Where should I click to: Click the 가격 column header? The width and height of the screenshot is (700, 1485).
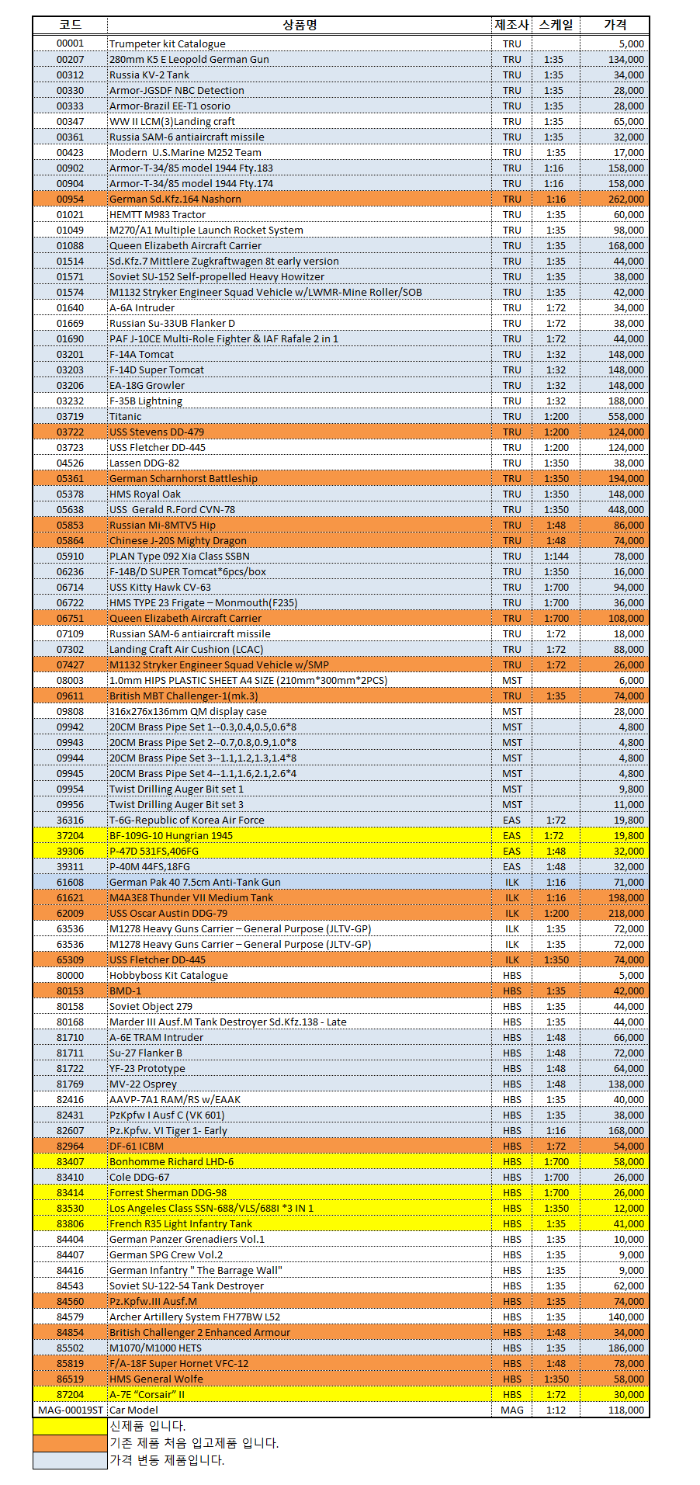click(x=615, y=25)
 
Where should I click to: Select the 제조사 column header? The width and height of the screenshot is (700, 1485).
click(x=511, y=25)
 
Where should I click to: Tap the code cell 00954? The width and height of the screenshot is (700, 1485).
click(x=70, y=199)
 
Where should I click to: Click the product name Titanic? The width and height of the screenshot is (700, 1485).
click(x=126, y=416)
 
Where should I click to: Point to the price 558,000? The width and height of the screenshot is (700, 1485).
click(x=625, y=416)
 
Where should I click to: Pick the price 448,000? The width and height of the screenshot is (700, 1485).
click(x=625, y=509)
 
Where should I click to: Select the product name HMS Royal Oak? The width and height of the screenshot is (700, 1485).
click(x=145, y=494)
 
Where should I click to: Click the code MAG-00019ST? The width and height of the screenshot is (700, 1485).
click(x=70, y=1410)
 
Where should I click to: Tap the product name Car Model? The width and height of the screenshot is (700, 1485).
click(x=133, y=1410)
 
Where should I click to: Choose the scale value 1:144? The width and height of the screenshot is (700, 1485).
click(x=556, y=556)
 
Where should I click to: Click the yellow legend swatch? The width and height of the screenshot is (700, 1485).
click(x=70, y=1426)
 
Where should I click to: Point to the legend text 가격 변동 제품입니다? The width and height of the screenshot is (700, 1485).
click(x=167, y=1460)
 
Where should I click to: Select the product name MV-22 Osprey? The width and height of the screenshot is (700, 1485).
click(x=143, y=1084)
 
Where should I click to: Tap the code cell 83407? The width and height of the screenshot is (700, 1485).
click(x=70, y=1161)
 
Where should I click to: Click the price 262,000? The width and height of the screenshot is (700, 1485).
click(x=625, y=199)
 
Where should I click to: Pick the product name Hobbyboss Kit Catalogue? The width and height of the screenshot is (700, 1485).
click(x=168, y=975)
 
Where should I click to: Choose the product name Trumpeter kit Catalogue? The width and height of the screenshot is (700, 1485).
click(x=168, y=43)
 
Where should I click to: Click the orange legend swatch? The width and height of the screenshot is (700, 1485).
click(x=70, y=1443)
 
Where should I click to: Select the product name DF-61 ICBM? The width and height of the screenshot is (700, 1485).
click(x=137, y=1146)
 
